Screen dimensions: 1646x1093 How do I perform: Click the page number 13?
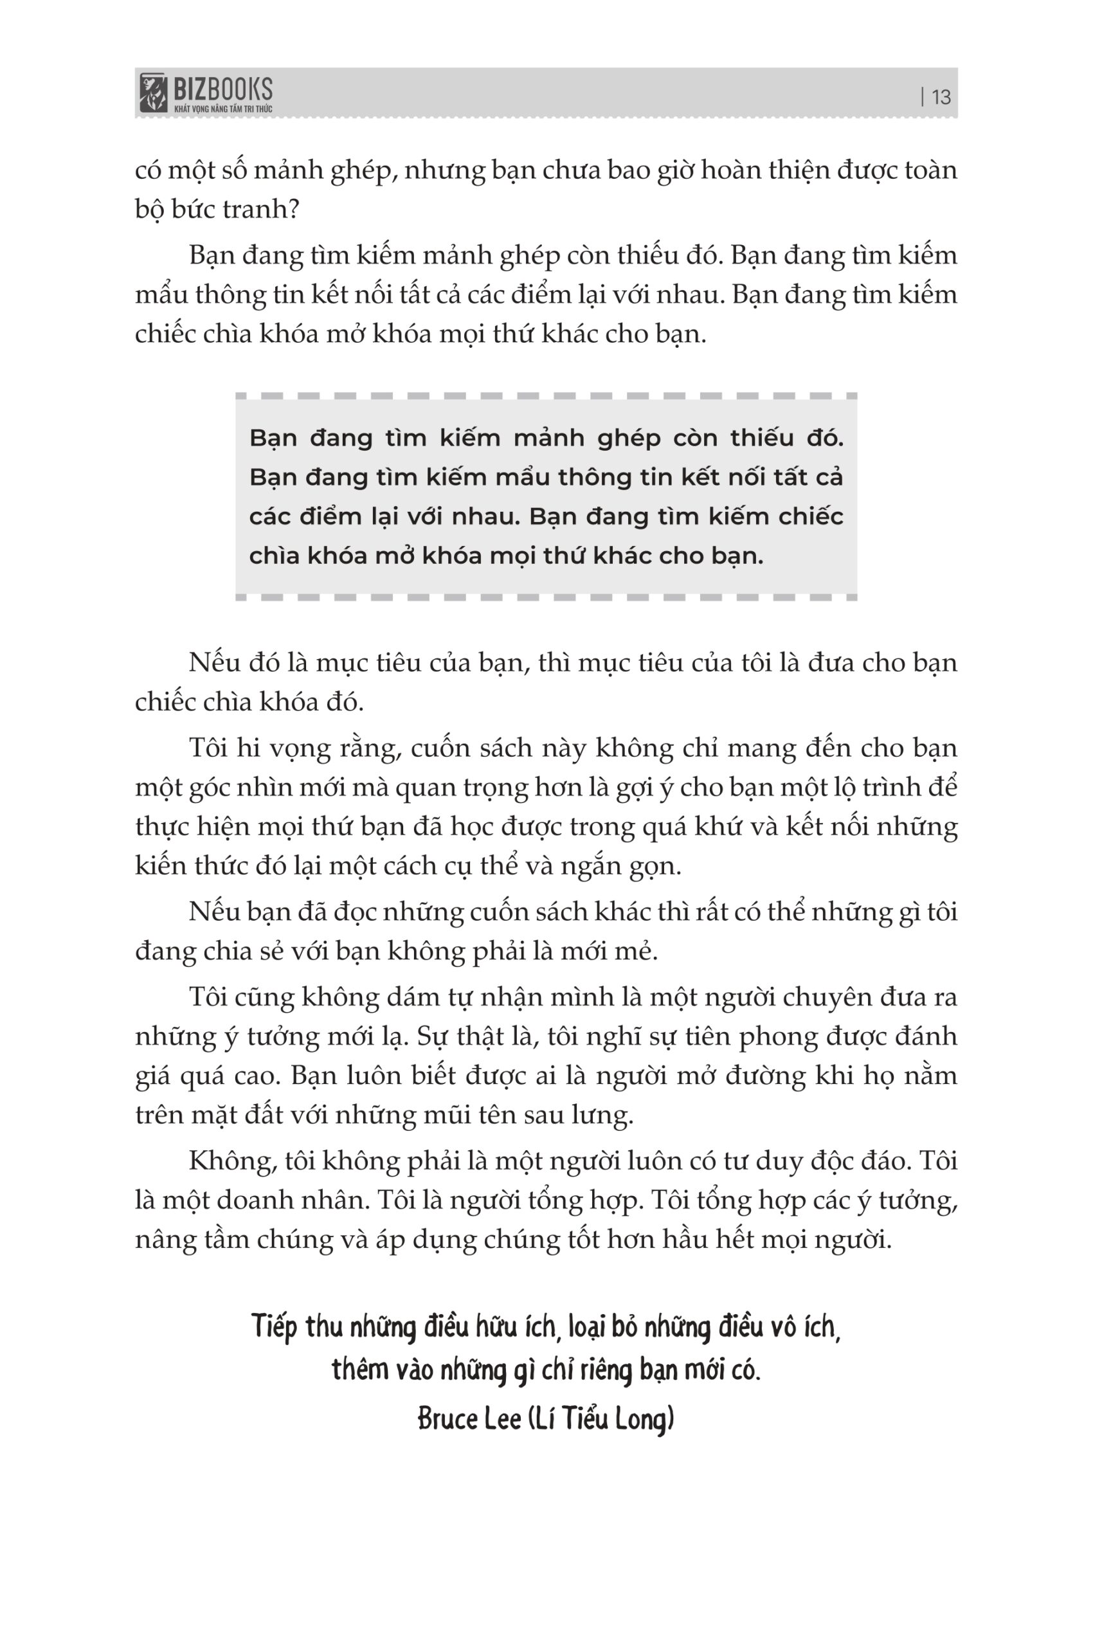(941, 97)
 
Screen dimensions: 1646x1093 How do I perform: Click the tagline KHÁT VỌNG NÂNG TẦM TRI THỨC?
(222, 109)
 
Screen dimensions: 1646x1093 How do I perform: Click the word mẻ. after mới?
(637, 952)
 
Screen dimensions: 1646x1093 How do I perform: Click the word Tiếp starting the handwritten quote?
(275, 1326)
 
